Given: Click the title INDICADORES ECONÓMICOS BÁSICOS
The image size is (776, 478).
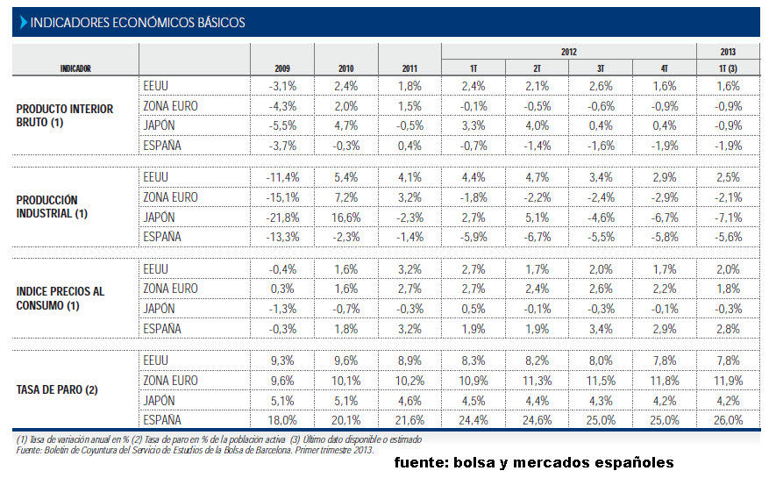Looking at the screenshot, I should tap(138, 23).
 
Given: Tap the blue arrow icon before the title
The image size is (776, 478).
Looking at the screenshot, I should tap(23, 23).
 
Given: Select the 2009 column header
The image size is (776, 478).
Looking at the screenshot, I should tap(282, 68).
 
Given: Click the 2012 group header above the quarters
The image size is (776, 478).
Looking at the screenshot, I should tap(568, 53).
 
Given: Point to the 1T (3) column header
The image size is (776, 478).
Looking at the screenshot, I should tap(727, 68).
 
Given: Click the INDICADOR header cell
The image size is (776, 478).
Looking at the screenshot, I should tap(75, 68).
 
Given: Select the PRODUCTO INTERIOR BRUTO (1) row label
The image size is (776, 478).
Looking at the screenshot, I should tap(65, 116).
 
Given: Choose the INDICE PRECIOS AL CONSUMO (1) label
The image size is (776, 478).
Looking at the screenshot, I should tap(61, 298).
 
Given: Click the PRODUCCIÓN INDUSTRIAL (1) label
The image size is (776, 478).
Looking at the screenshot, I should tap(53, 207).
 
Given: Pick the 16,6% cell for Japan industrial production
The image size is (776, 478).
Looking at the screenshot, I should tap(346, 218).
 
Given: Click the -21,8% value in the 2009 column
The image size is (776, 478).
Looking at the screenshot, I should tap(282, 218).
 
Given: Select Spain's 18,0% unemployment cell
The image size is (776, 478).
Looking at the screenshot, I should tap(282, 419).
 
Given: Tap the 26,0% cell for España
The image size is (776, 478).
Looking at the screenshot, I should tap(727, 419).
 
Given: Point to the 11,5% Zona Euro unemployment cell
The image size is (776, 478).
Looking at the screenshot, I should tap(600, 380).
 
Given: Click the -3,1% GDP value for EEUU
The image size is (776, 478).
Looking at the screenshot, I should tap(282, 86).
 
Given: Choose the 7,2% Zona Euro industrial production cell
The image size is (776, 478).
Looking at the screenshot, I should tap(346, 196).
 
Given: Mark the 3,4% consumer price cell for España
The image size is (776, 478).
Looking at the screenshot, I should tap(600, 329).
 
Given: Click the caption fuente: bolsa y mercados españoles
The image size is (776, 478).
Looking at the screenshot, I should tap(533, 462).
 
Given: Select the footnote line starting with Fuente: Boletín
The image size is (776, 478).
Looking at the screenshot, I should tap(195, 450).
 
